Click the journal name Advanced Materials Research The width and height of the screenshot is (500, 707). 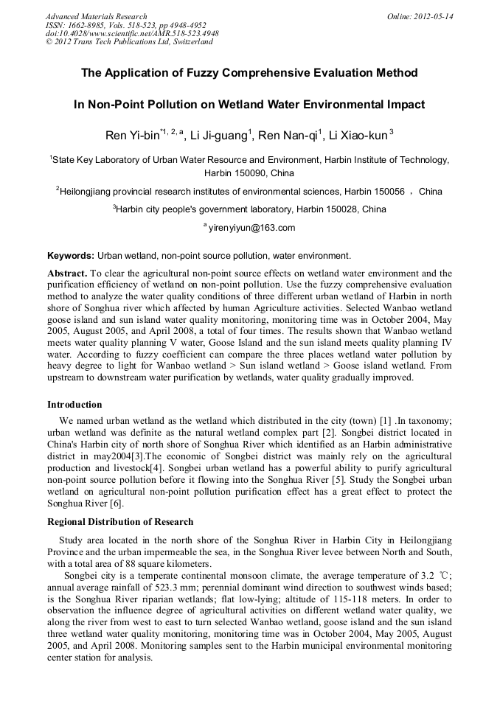point(96,16)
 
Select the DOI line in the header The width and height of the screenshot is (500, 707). point(132,33)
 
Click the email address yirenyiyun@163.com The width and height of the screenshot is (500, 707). point(251,228)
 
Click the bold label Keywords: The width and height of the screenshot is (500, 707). point(71,256)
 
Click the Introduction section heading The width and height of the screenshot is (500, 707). point(74,405)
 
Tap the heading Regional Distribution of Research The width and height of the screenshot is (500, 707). point(120,522)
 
